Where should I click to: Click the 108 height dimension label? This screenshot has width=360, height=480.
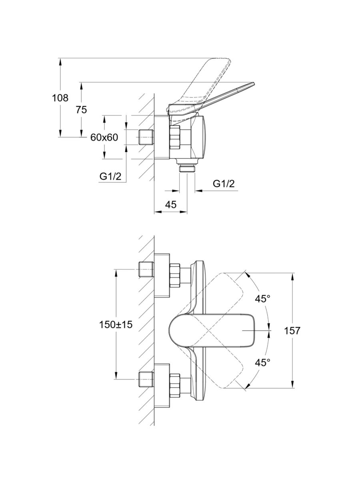tap(60, 98)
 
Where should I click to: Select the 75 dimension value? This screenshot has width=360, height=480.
tap(81, 110)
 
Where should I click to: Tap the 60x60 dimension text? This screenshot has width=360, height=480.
tap(104, 137)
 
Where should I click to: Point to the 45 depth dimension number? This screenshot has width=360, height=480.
tap(171, 204)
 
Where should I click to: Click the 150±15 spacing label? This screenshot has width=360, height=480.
tap(116, 325)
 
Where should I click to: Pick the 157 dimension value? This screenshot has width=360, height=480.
tap(292, 330)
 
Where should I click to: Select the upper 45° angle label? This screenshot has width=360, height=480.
tap(263, 298)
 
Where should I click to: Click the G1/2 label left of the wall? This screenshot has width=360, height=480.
tap(110, 176)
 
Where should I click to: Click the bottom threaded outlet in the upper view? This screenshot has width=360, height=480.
tap(187, 168)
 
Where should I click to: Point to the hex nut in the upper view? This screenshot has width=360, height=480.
tap(176, 137)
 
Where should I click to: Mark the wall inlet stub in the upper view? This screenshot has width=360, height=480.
tap(146, 137)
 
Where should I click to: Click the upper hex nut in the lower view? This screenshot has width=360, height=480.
tap(176, 275)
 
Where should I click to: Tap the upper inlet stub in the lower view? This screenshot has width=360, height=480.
tap(146, 269)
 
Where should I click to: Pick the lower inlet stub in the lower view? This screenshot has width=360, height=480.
tap(146, 379)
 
